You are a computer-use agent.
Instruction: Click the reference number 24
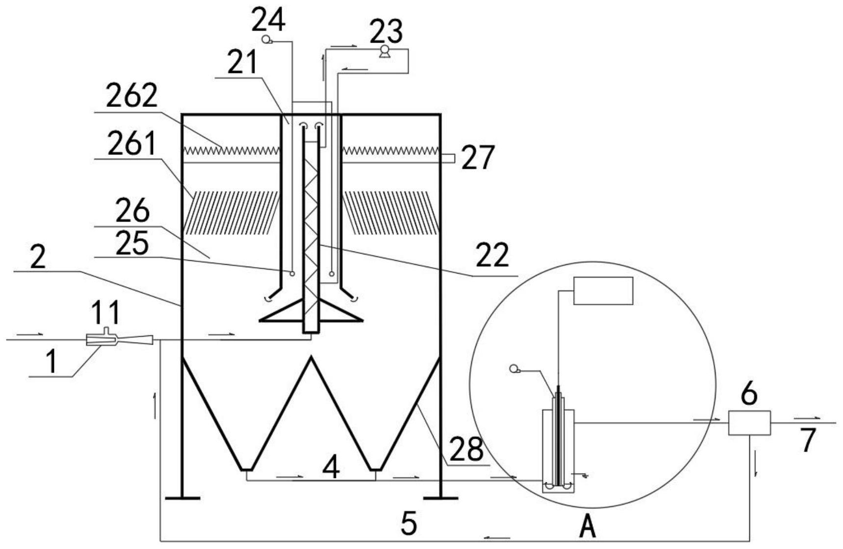(x=268, y=21)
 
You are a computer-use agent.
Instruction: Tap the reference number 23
(x=386, y=32)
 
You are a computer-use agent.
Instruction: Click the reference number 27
(x=478, y=158)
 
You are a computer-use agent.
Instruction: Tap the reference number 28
(x=466, y=449)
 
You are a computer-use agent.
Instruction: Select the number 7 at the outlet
(x=808, y=440)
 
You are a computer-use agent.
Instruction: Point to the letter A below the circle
(x=588, y=527)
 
